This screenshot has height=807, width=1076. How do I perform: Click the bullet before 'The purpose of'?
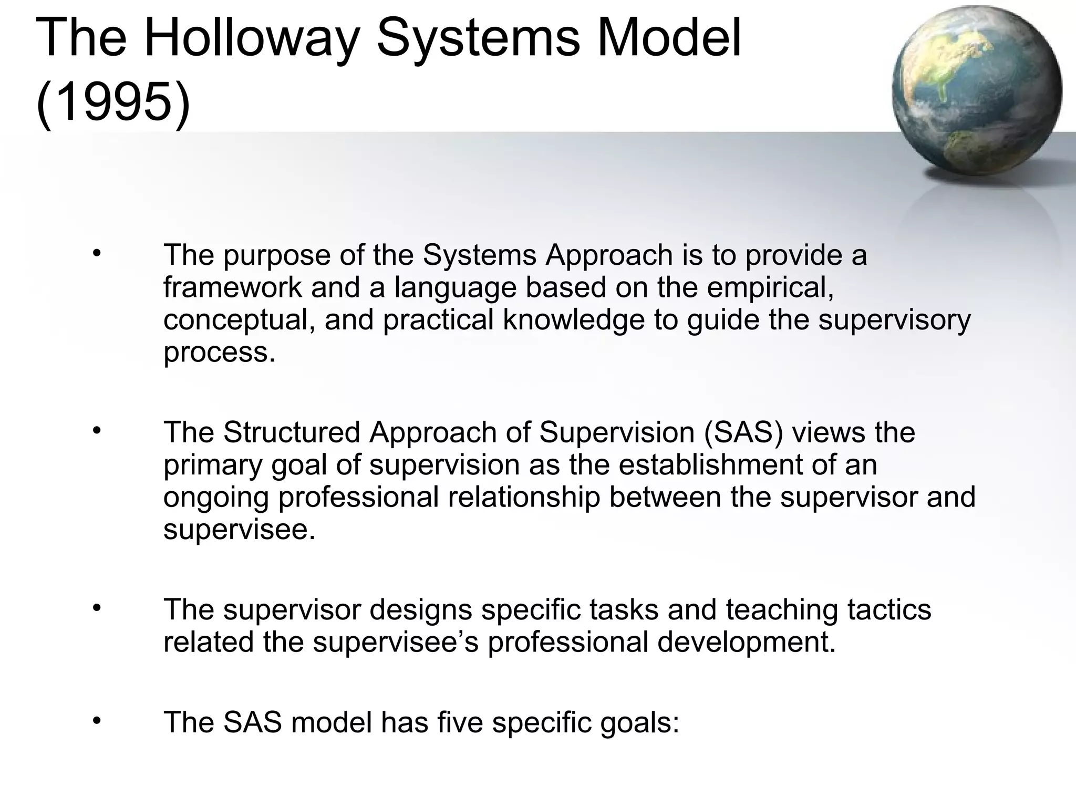[x=96, y=254]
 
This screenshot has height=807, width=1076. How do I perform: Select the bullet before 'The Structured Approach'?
[x=96, y=431]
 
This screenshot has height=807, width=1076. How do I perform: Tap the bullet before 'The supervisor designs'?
[x=96, y=608]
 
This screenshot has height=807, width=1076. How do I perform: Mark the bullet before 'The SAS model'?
[x=96, y=721]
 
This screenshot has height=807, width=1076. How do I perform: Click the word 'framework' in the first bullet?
[x=232, y=288]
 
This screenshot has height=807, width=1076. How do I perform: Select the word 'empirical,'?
[x=770, y=288]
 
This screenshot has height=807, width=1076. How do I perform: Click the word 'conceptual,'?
[x=239, y=320]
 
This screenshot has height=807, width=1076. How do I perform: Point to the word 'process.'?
[x=219, y=353]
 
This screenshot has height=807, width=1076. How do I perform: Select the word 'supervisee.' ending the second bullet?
[x=239, y=530]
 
